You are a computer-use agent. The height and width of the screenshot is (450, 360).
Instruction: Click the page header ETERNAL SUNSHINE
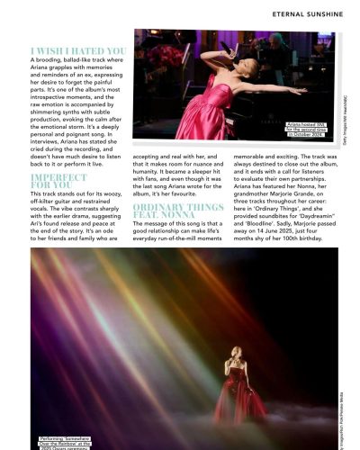point(307,14)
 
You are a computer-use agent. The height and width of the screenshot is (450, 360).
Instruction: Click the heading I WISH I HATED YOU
point(77,51)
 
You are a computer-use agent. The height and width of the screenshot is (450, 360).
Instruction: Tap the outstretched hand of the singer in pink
point(300,90)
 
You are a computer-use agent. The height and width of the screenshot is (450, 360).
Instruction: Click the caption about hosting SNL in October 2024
point(310,128)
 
